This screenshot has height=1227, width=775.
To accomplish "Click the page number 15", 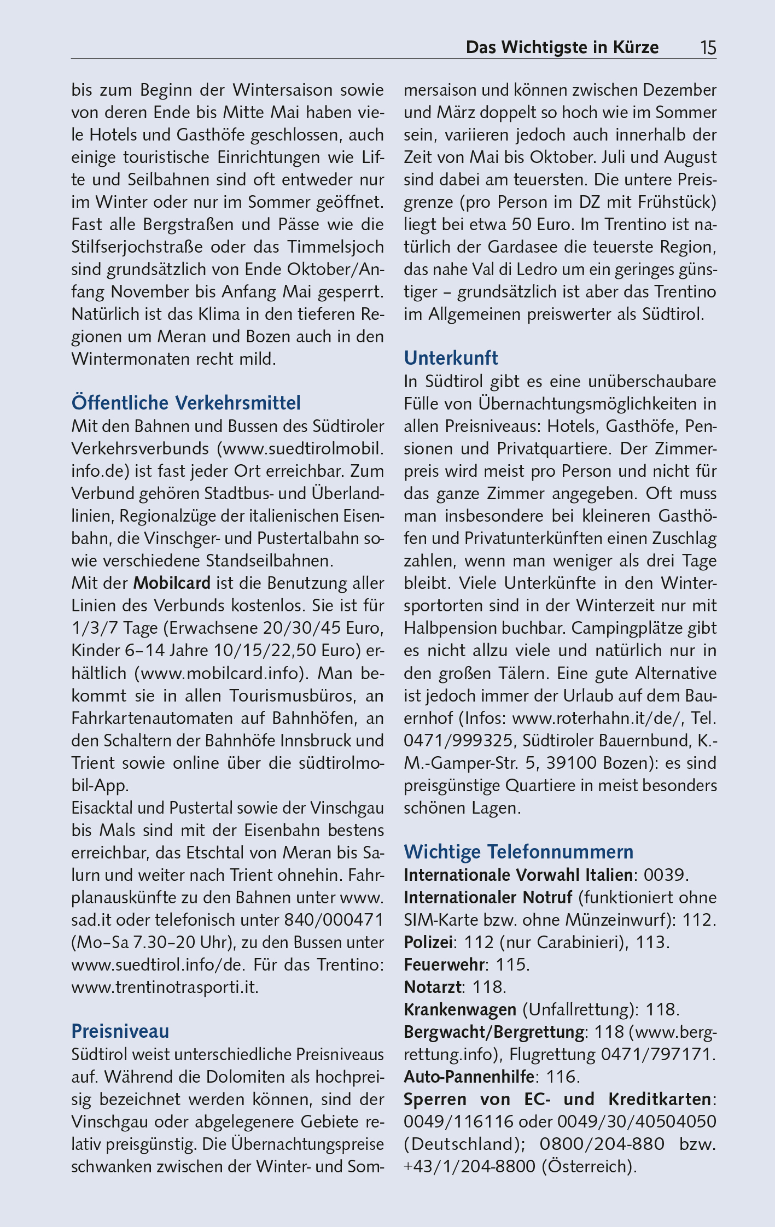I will click(708, 48).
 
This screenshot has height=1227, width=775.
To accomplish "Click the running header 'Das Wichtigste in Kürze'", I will click(562, 48).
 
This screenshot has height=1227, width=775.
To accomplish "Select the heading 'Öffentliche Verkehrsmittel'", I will click(186, 404).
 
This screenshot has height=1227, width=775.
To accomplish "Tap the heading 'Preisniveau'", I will click(120, 1031).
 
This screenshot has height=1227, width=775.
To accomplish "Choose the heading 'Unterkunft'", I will click(451, 359).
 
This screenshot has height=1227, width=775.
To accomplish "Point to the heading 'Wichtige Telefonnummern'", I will click(518, 852).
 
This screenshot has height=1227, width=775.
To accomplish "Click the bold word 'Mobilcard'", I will click(172, 583).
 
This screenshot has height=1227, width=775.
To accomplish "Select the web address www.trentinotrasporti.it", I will click(164, 987).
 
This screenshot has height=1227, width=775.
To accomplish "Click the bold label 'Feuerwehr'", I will click(444, 965).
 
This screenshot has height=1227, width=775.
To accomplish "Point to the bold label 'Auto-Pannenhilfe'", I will click(469, 1077).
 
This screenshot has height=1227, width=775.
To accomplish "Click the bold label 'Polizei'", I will click(428, 942).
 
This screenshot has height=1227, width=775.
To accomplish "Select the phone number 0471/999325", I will click(458, 740).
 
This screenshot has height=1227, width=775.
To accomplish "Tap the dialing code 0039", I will click(664, 875).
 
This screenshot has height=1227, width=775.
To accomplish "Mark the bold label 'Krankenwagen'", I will click(460, 1009).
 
